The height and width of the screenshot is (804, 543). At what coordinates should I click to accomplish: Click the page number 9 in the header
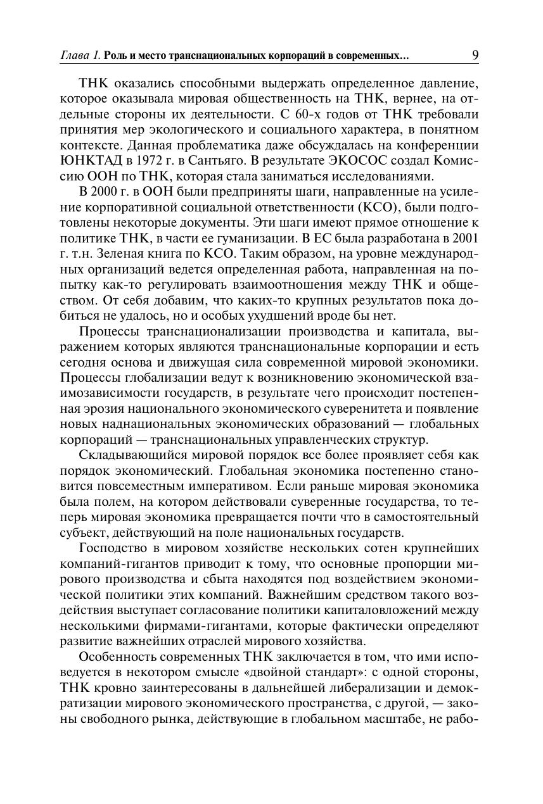click(475, 56)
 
